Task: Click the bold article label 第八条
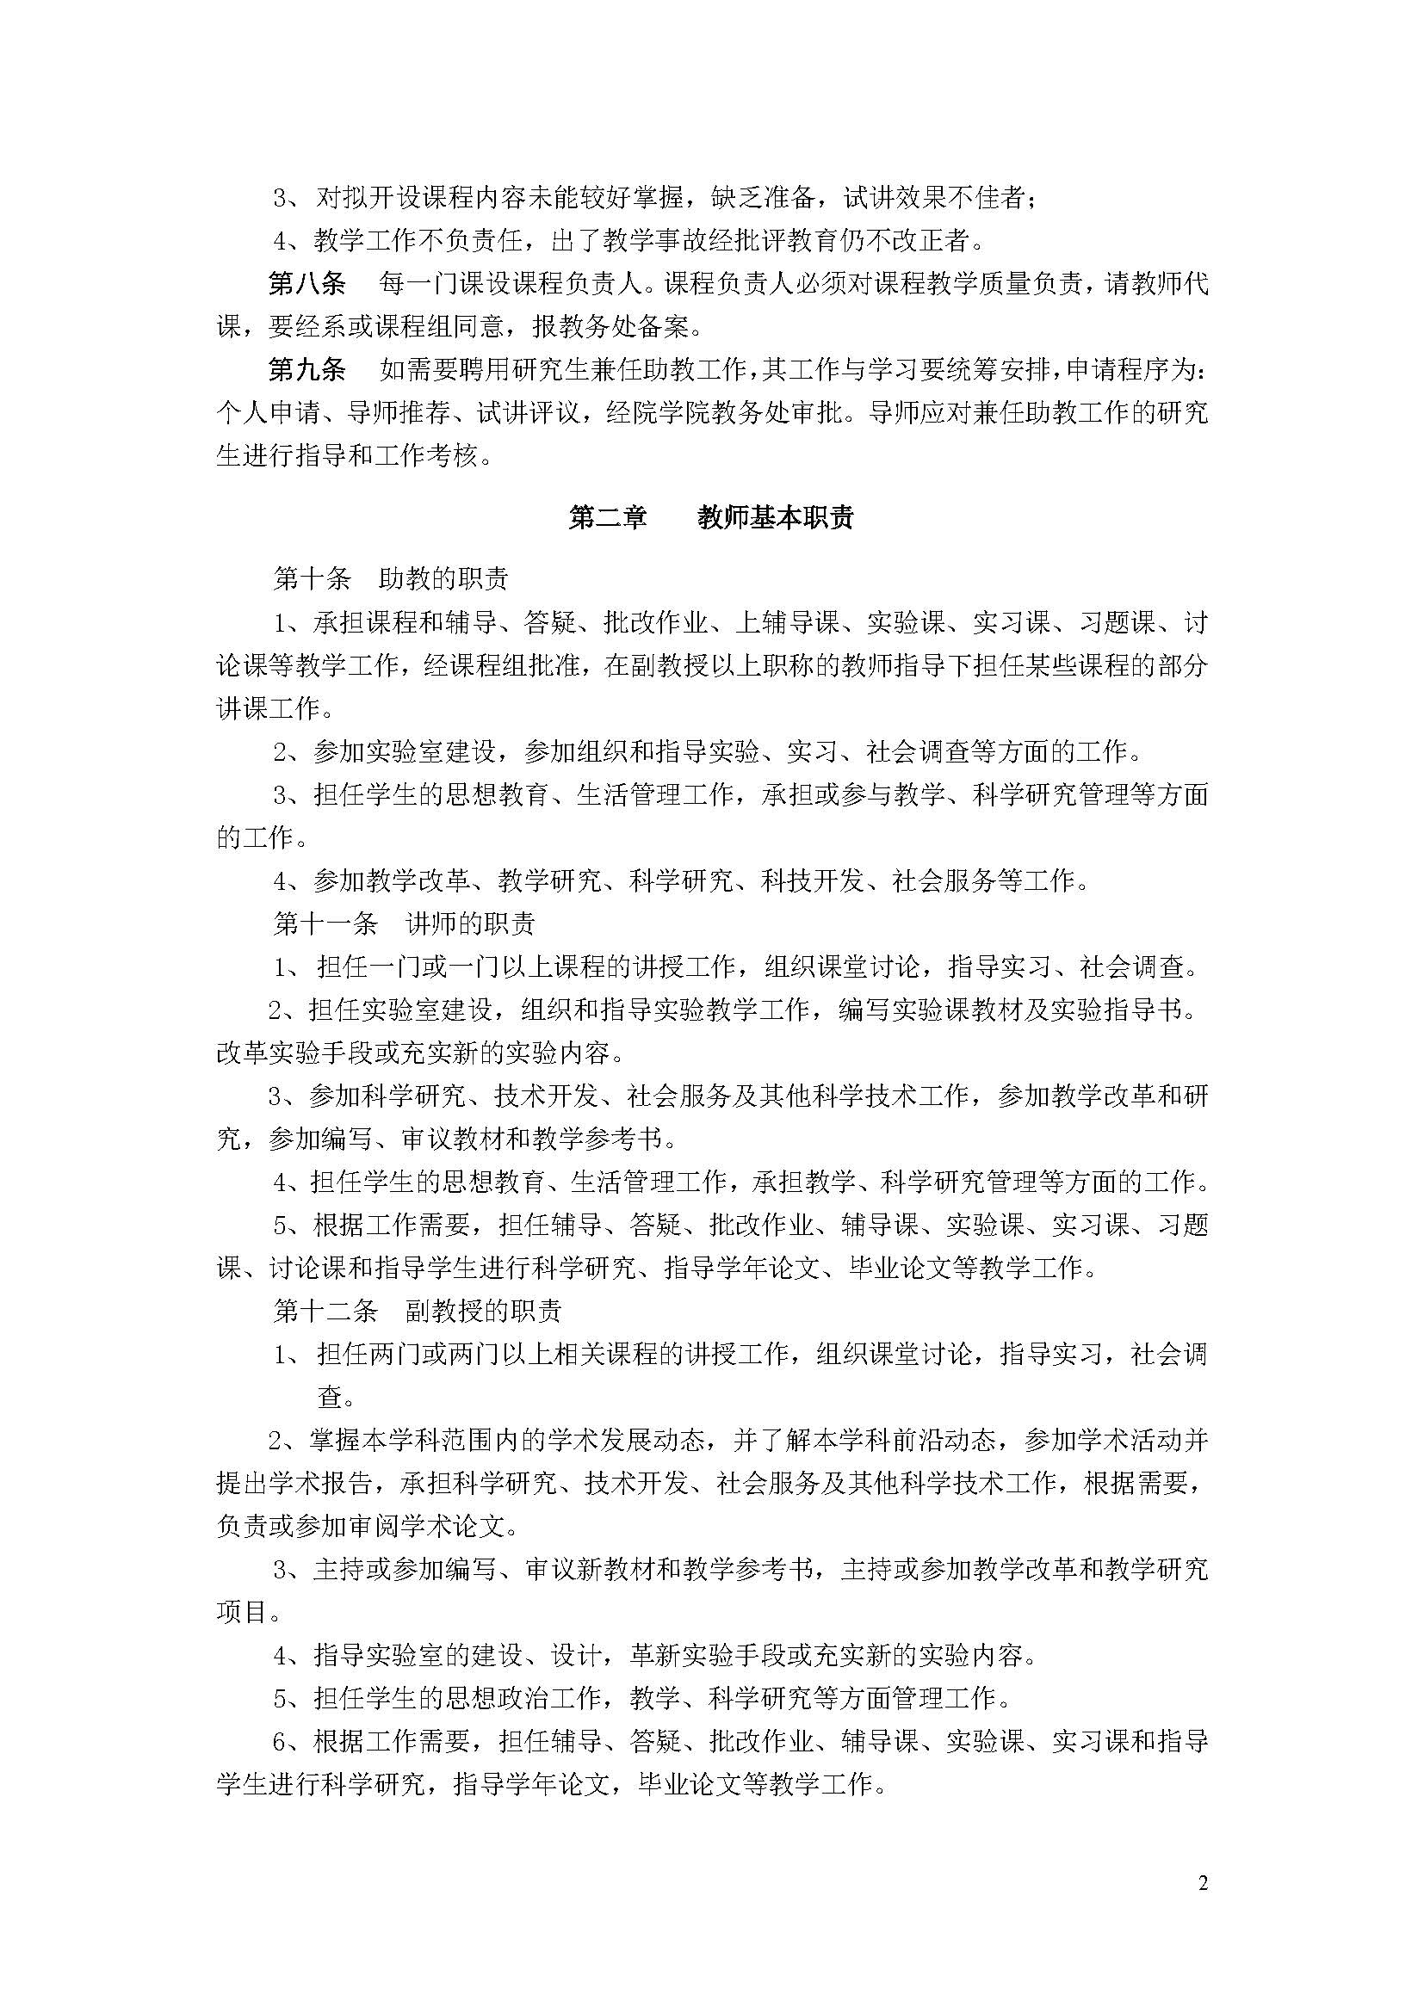point(306,284)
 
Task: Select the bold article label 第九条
point(306,370)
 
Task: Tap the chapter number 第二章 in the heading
point(608,518)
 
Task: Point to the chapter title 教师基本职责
point(775,518)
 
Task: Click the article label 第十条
point(313,578)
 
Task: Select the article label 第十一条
point(325,923)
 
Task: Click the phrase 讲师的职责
point(470,923)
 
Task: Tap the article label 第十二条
point(325,1311)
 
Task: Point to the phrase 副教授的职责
point(483,1311)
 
